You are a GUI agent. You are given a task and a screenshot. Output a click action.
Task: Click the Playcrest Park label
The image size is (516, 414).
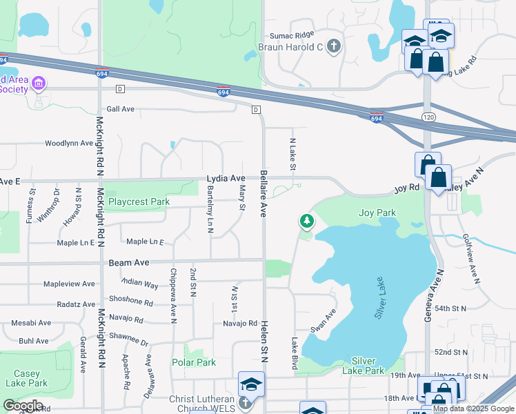pyautogui.click(x=139, y=202)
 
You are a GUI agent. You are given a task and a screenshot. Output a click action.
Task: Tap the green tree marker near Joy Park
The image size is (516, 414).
pyautogui.click(x=306, y=221)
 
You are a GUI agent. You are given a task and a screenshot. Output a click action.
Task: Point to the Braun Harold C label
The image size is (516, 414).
pyautogui.click(x=290, y=47)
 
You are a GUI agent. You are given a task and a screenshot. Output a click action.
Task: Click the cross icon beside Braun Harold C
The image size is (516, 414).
pyautogui.click(x=333, y=47)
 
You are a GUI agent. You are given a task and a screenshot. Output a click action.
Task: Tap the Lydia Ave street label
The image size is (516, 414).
pyautogui.click(x=226, y=178)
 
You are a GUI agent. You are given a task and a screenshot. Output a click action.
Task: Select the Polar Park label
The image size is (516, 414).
pyautogui.click(x=194, y=362)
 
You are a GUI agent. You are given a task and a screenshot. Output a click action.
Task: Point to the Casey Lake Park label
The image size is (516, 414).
pyautogui.click(x=27, y=378)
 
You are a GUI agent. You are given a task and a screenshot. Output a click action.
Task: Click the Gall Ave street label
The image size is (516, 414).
pyautogui.click(x=120, y=109)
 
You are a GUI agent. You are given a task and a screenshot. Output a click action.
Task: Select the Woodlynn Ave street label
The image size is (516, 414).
pyautogui.click(x=68, y=144)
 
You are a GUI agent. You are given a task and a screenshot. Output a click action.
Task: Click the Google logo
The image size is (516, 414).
pyautogui.click(x=23, y=406)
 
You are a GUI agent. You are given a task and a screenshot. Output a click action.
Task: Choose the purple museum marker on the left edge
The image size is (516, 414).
pyautogui.click(x=39, y=85)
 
